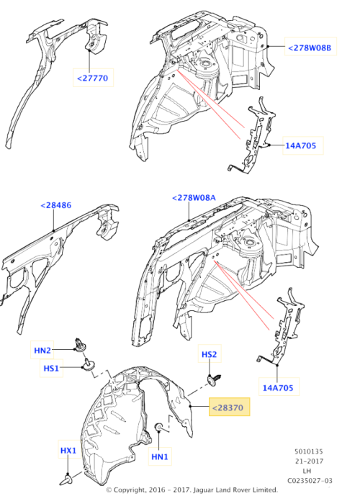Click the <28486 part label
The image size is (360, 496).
click(x=55, y=206)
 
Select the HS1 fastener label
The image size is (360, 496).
click(x=50, y=368)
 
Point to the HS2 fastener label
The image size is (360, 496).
click(x=208, y=356)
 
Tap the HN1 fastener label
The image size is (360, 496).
click(x=158, y=456)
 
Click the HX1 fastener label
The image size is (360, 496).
click(x=68, y=451)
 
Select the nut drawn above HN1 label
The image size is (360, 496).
click(x=157, y=430)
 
